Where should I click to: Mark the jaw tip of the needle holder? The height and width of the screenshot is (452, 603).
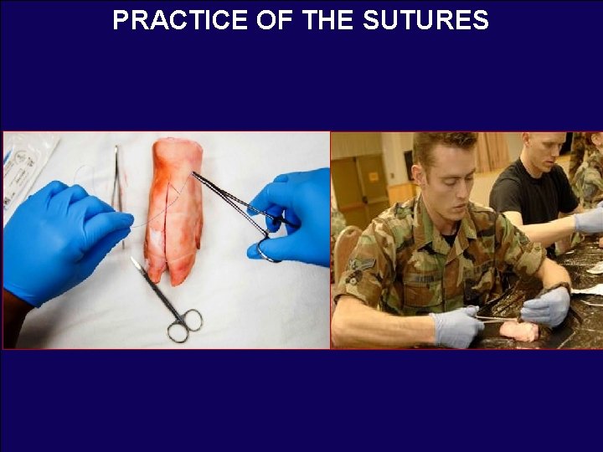pos(195,175)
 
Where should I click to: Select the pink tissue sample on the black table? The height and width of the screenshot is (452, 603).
pos(519,331)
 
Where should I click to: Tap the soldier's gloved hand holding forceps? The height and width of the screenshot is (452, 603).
pos(456,326)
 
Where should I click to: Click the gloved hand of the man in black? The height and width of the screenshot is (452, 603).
pos(589,221)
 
